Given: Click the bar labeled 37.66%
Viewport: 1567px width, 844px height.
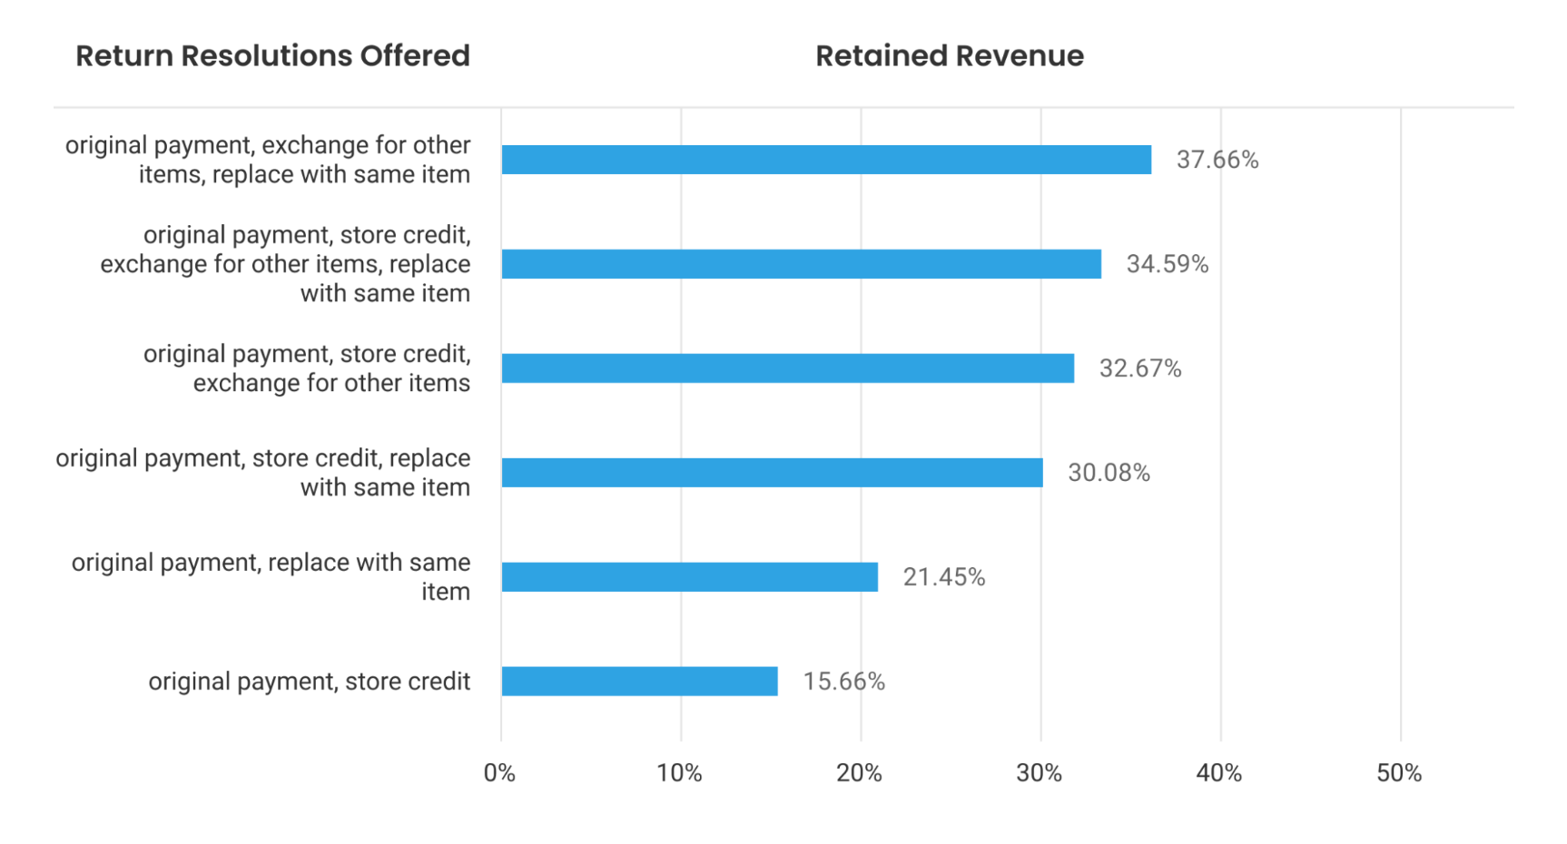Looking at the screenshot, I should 826,160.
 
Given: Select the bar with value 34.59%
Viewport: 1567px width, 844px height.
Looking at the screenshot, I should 801,264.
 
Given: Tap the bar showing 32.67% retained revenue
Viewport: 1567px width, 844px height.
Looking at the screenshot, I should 787,368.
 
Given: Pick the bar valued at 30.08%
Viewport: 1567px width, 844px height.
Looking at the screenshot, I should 772,473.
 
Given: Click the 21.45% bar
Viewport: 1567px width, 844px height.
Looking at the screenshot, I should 689,577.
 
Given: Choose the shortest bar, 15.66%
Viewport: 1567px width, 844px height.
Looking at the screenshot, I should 639,682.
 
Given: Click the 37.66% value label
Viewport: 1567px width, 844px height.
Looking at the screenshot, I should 1217,160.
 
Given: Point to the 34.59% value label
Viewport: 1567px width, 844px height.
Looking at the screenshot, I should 1167,264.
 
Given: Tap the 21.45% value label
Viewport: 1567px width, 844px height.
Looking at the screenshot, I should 943,577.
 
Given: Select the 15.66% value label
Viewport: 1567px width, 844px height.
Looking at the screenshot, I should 843,682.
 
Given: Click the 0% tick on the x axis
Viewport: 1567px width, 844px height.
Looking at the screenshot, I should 499,773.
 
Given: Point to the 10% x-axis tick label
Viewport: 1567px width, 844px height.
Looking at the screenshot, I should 679,773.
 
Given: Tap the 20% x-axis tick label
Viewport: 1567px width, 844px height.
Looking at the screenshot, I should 859,773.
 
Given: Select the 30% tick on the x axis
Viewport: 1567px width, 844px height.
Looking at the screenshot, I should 1039,773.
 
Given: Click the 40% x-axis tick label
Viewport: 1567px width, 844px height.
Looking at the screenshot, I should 1218,773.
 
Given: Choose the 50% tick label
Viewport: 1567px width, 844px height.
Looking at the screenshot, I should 1399,773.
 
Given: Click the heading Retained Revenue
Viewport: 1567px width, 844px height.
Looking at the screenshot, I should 949,56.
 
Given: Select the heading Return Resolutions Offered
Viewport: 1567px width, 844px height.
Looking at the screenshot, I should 272,56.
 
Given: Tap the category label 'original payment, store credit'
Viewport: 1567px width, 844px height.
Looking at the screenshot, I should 309,682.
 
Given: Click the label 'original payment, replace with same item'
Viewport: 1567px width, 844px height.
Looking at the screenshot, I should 271,577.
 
